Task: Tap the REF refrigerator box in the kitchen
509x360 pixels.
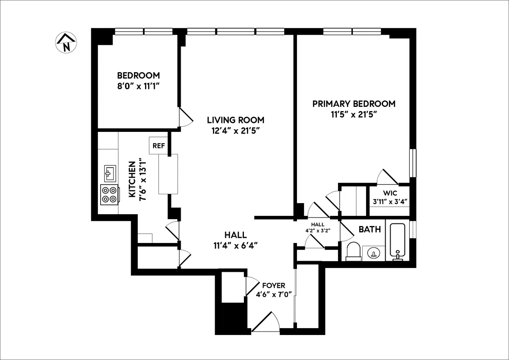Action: click(158, 145)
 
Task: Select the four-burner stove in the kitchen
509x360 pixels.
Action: click(110, 195)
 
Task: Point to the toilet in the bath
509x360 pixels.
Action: click(353, 251)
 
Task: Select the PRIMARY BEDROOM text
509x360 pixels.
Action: click(354, 104)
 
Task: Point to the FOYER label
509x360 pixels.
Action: click(274, 285)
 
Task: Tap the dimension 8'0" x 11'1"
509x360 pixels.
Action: click(138, 86)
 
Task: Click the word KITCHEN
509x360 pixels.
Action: click(132, 181)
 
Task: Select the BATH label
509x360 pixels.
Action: click(369, 229)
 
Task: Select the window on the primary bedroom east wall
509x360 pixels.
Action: click(411, 163)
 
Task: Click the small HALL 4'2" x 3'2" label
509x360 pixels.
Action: click(317, 227)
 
